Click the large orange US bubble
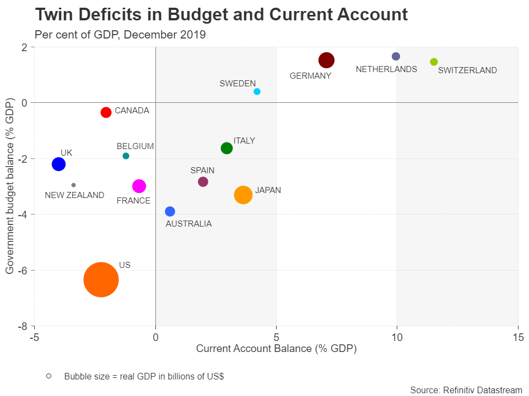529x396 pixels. [x=101, y=279]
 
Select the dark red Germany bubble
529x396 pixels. [x=327, y=60]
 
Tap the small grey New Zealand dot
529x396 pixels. [x=73, y=185]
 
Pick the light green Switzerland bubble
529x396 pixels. [x=434, y=62]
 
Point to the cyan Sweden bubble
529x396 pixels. [x=257, y=91]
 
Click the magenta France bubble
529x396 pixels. [x=139, y=186]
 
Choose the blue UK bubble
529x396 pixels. [x=58, y=164]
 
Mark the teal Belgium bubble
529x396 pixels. [x=126, y=156]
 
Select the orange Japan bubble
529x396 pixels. [x=243, y=195]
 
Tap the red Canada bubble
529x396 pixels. [x=106, y=112]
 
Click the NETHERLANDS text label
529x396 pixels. [x=386, y=69]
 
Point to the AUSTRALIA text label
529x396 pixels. [x=188, y=224]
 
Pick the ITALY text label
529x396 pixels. [x=244, y=141]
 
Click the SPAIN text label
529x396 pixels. [x=202, y=170]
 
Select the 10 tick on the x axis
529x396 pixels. [x=397, y=336]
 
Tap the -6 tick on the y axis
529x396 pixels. [x=23, y=270]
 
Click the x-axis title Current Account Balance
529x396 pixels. [x=276, y=349]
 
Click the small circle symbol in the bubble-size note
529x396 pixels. [x=49, y=376]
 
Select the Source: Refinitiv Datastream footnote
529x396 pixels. [x=466, y=390]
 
